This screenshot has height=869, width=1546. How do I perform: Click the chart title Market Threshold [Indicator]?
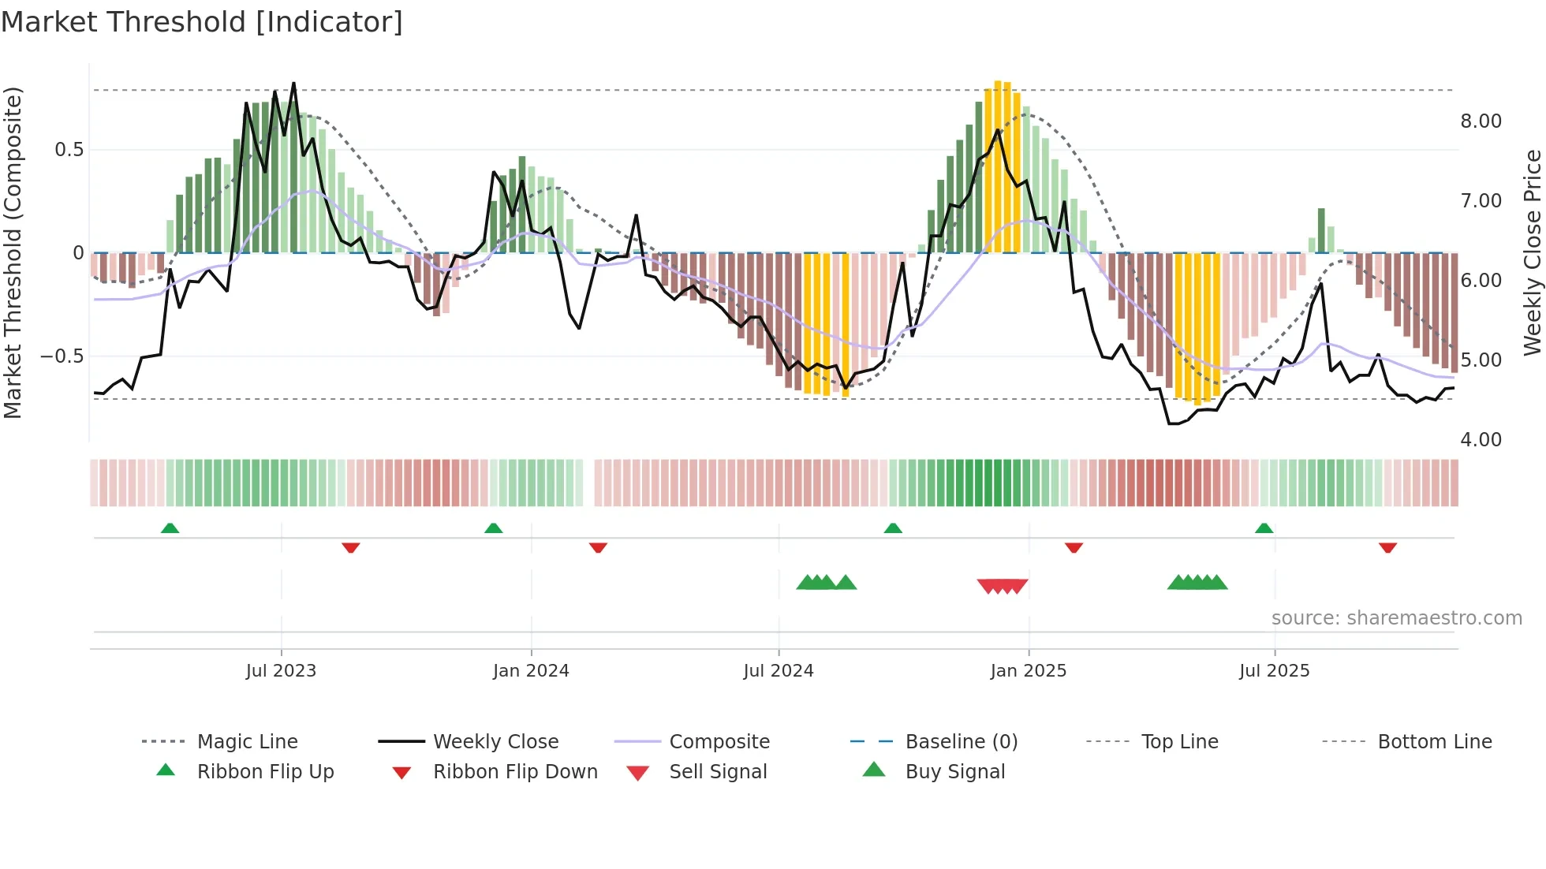202,22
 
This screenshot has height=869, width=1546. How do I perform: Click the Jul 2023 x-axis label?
281,671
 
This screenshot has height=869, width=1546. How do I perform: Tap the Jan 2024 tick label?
531,671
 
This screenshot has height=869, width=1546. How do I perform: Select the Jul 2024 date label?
779,671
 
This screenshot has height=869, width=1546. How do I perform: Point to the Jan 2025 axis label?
1029,671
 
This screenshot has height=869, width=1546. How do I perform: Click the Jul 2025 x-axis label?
1275,671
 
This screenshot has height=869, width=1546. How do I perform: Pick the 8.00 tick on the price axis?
1481,121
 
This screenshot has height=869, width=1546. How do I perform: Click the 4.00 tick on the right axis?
1481,440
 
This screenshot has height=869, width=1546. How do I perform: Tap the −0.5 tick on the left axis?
62,356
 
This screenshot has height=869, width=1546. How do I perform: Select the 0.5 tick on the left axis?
69,150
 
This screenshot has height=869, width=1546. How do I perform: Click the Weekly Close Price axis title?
1532,252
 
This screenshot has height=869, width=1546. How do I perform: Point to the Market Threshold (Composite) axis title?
13,252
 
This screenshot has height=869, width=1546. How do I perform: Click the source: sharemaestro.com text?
1396,618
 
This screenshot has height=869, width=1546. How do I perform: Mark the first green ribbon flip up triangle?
170,528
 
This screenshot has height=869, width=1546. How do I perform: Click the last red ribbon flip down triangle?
1387,547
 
